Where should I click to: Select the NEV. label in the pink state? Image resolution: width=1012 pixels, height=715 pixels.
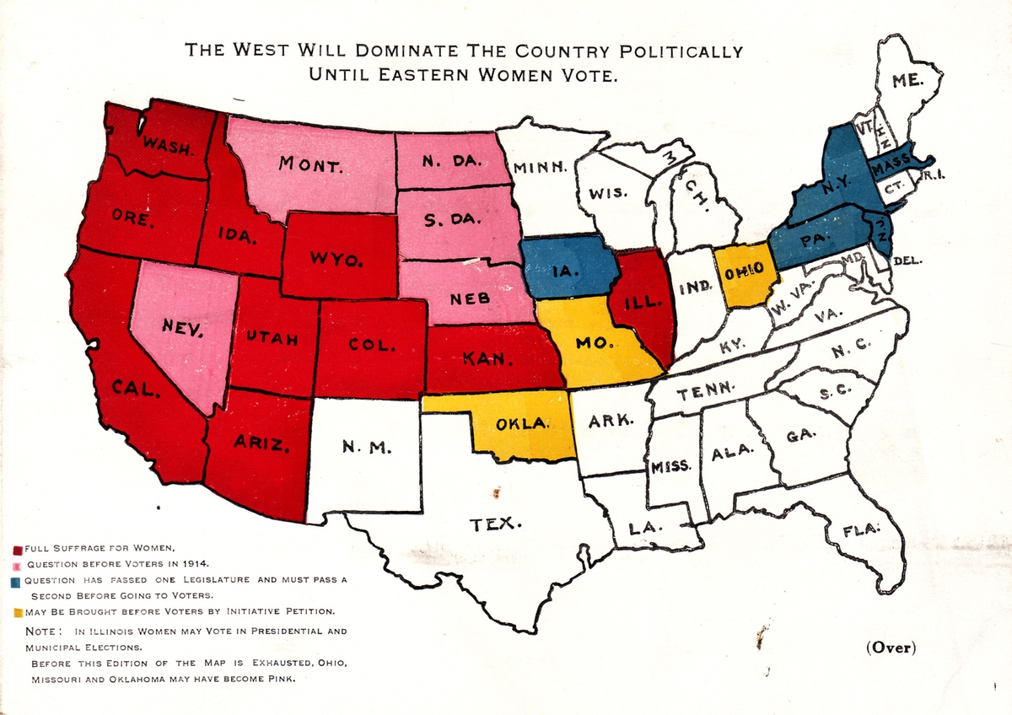pyautogui.click(x=182, y=329)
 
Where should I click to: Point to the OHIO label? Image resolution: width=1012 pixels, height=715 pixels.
pyautogui.click(x=746, y=271)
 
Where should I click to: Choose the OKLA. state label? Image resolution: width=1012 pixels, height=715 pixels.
pyautogui.click(x=523, y=424)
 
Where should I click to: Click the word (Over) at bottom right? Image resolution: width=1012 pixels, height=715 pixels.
pyautogui.click(x=891, y=648)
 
